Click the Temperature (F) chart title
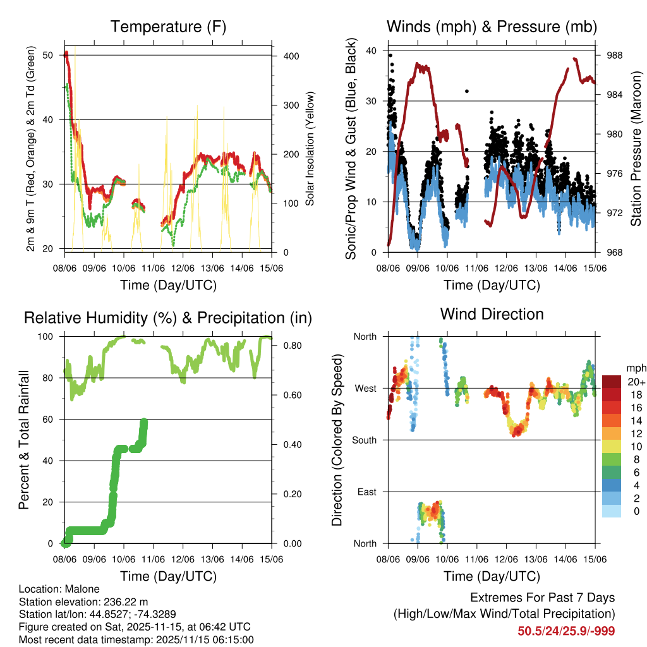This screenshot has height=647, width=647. (168, 27)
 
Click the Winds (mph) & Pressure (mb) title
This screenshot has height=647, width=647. (492, 27)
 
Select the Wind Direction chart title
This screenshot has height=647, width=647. (492, 313)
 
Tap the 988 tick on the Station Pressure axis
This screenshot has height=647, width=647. (614, 56)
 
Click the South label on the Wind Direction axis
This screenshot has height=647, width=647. (365, 440)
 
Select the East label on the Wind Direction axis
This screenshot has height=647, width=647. (366, 492)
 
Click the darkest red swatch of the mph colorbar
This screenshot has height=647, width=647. (612, 381)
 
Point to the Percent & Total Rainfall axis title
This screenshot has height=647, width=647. (23, 440)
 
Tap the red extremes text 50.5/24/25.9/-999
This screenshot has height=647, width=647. (566, 631)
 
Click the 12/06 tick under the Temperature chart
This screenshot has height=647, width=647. (183, 259)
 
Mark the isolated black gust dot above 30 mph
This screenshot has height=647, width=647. (467, 91)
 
